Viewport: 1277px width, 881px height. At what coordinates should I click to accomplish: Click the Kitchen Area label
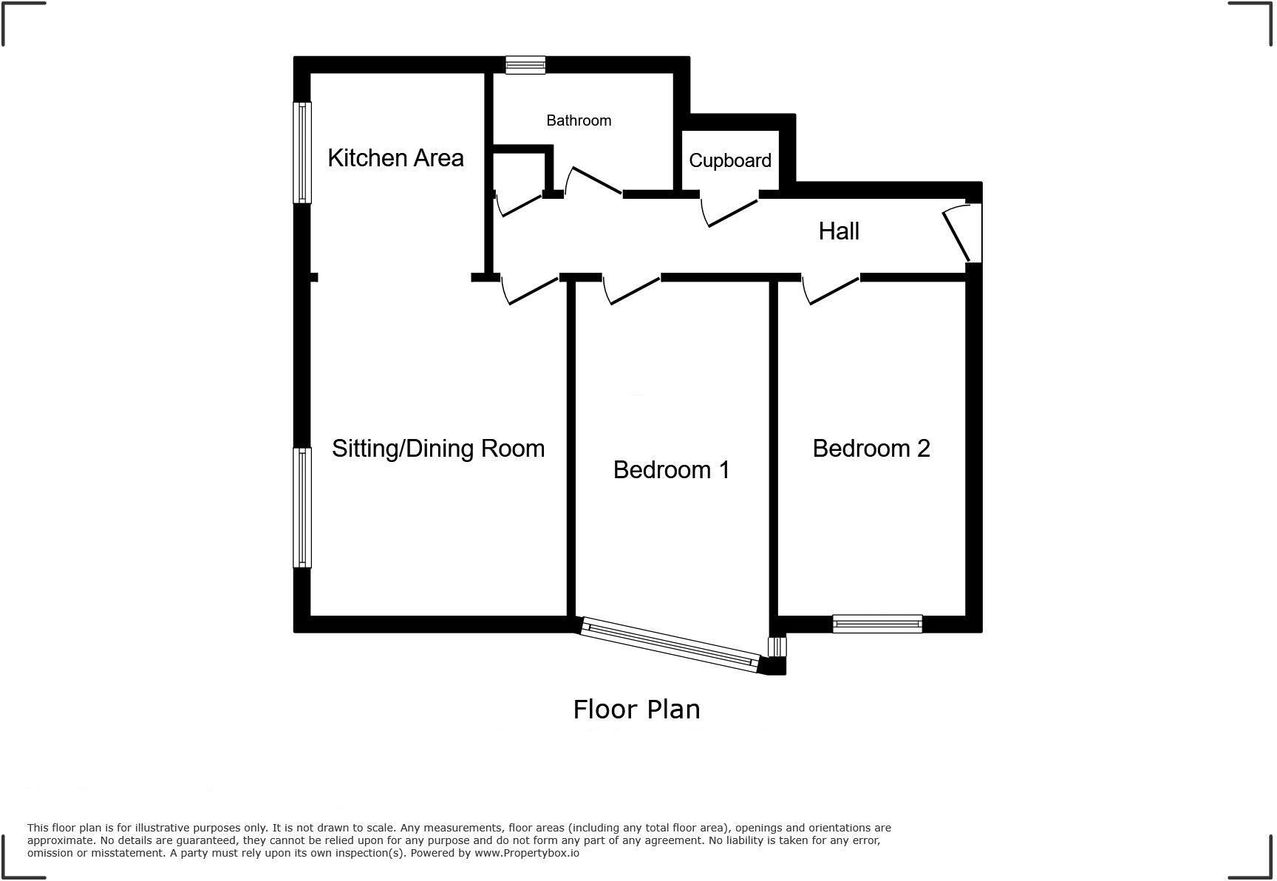coord(395,158)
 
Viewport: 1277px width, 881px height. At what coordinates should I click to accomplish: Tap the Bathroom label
coord(579,120)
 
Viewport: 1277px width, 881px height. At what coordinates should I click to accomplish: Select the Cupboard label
coord(729,160)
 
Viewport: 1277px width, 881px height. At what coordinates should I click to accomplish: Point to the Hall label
coord(839,231)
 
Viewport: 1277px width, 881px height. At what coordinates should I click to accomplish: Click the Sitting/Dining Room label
coord(438,449)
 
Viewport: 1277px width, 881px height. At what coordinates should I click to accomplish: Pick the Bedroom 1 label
coord(671,470)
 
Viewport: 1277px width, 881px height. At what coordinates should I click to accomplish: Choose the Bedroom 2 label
coord(871,449)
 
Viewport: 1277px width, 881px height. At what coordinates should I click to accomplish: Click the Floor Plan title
coord(636,710)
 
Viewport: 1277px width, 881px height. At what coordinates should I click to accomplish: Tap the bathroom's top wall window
coord(525,65)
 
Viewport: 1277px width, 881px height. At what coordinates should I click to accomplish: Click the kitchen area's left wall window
coord(302,152)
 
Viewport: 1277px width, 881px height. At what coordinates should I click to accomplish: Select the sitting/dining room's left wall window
coord(302,507)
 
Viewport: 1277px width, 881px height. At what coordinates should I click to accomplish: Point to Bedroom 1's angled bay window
coord(670,645)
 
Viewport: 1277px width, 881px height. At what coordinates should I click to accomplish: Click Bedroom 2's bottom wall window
coord(877,624)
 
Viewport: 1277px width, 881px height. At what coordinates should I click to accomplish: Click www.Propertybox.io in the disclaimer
coord(526,853)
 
